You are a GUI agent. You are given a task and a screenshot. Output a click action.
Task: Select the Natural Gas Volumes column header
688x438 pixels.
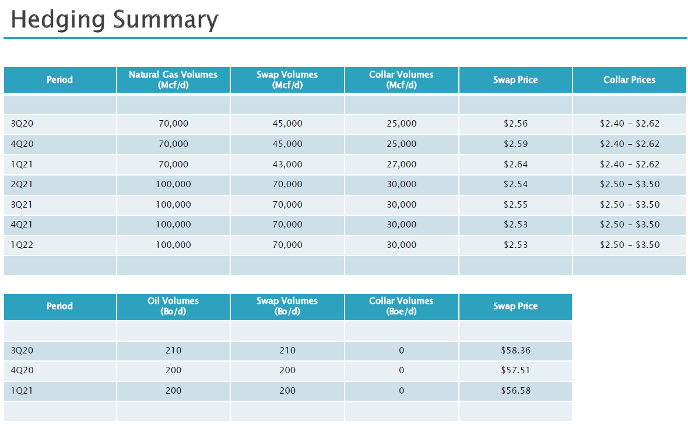(x=173, y=80)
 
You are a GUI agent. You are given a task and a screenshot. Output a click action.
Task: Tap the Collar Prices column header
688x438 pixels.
(x=629, y=80)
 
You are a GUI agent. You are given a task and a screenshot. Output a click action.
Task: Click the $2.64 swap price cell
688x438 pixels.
(x=515, y=164)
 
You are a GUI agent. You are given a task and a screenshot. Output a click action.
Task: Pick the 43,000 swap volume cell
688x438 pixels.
(x=287, y=164)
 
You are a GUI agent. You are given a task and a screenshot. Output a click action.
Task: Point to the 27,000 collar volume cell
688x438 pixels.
(x=401, y=164)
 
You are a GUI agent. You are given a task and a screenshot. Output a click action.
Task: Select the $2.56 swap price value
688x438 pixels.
(x=515, y=124)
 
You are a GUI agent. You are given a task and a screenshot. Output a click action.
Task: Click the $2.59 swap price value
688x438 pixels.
(x=515, y=144)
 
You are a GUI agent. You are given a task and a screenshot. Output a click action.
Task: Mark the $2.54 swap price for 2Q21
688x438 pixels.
(x=515, y=184)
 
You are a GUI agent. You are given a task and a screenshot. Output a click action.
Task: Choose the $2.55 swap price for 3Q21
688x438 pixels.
(x=515, y=205)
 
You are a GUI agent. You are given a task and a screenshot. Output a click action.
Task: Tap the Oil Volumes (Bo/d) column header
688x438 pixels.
(x=173, y=306)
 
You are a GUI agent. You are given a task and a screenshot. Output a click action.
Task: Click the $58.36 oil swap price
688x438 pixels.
(x=515, y=351)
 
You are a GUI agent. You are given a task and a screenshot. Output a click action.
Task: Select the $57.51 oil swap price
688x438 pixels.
(x=515, y=370)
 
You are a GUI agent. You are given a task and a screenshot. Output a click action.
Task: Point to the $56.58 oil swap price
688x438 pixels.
(x=515, y=391)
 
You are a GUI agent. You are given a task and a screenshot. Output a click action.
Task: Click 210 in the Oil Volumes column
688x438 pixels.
(x=173, y=351)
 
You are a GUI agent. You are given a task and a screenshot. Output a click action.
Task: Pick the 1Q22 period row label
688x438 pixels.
(x=22, y=245)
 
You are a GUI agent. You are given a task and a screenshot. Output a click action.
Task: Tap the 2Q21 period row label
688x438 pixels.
(x=22, y=184)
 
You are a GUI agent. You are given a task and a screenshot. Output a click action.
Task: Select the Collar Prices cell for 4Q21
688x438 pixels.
(x=629, y=225)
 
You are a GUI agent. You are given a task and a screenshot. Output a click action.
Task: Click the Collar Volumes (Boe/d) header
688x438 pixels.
(x=401, y=306)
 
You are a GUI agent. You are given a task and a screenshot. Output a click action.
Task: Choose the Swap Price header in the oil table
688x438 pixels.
(x=515, y=306)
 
